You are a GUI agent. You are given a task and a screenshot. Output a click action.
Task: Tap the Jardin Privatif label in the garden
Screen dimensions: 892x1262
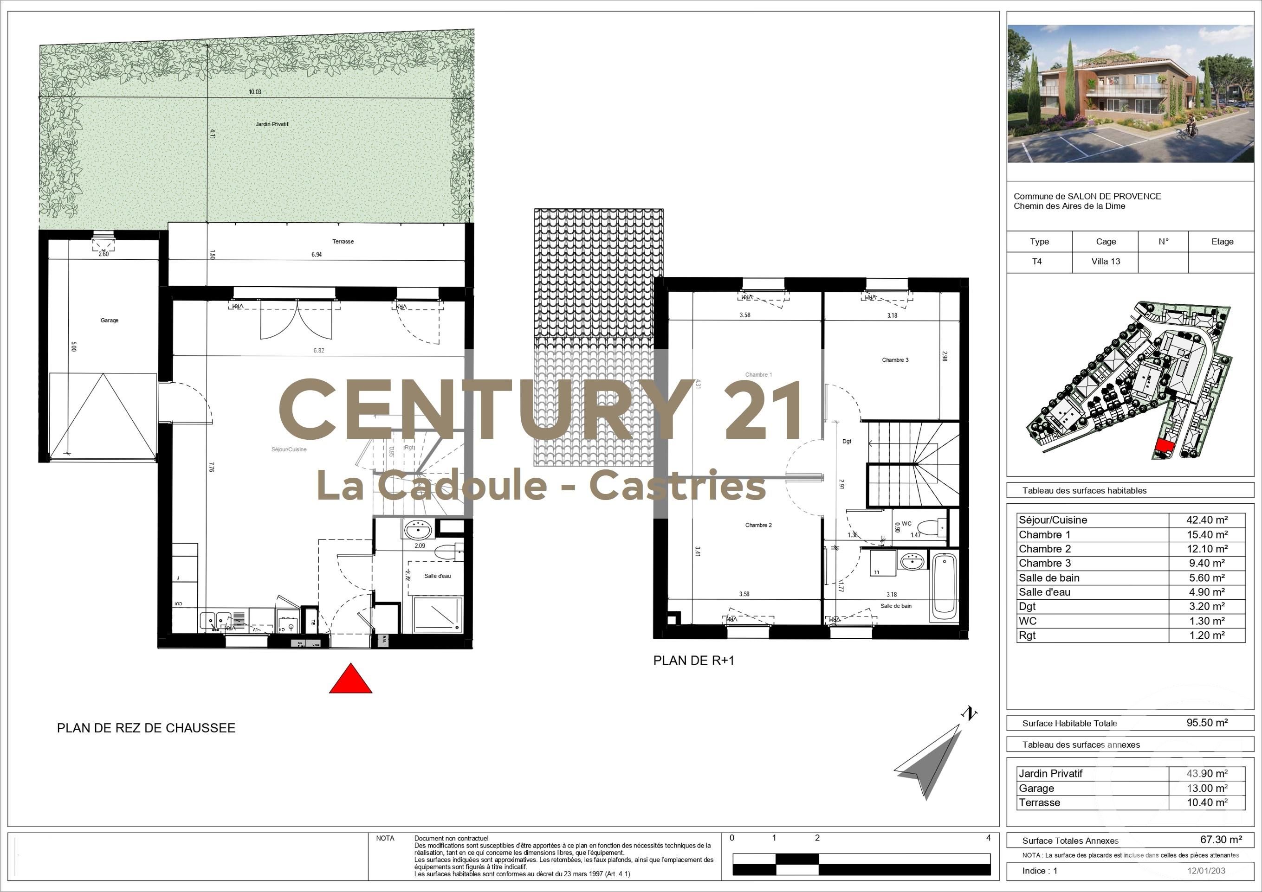point(272,124)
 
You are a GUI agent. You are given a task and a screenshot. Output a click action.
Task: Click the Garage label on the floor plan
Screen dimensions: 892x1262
point(110,320)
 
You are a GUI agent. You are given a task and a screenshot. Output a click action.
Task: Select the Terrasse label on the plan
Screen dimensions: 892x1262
point(343,242)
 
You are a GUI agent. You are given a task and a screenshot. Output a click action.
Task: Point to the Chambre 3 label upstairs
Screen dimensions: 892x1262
point(895,360)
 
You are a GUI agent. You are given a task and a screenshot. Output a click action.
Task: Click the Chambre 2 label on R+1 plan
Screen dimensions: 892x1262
point(758,525)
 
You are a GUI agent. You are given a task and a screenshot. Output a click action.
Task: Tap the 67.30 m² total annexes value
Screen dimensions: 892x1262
point(1221,840)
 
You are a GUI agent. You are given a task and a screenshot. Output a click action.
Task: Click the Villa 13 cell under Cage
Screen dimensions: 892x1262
point(1105,262)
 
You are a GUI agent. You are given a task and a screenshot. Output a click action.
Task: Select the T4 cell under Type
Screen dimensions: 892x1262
point(1036,262)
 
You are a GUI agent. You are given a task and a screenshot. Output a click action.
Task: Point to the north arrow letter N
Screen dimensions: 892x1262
point(969,713)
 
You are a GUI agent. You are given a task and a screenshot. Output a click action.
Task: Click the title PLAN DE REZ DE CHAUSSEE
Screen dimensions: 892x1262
point(146,728)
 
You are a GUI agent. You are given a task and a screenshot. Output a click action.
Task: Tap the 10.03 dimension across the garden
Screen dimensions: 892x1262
point(255,92)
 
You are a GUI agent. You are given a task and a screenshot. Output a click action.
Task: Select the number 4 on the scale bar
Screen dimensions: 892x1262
point(988,838)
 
